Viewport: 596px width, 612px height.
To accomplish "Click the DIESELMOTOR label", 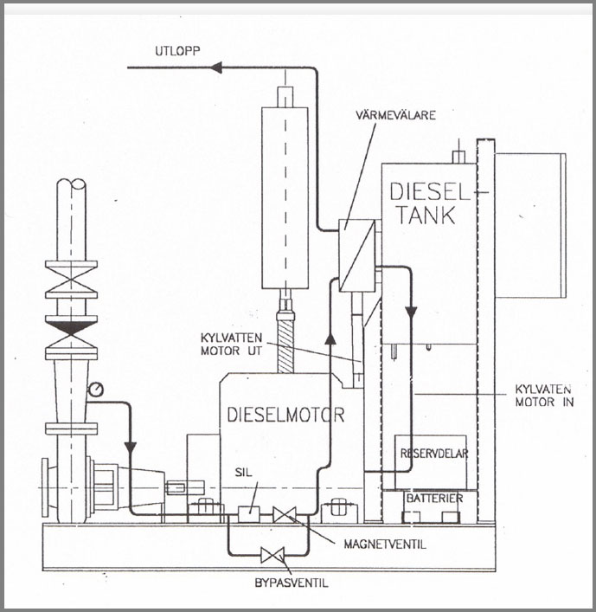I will [x=285, y=416].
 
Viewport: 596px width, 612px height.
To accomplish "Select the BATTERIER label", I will [x=433, y=499].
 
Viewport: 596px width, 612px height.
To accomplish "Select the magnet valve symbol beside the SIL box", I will [x=284, y=515].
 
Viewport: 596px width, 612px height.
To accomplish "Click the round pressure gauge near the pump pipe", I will [x=94, y=390].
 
